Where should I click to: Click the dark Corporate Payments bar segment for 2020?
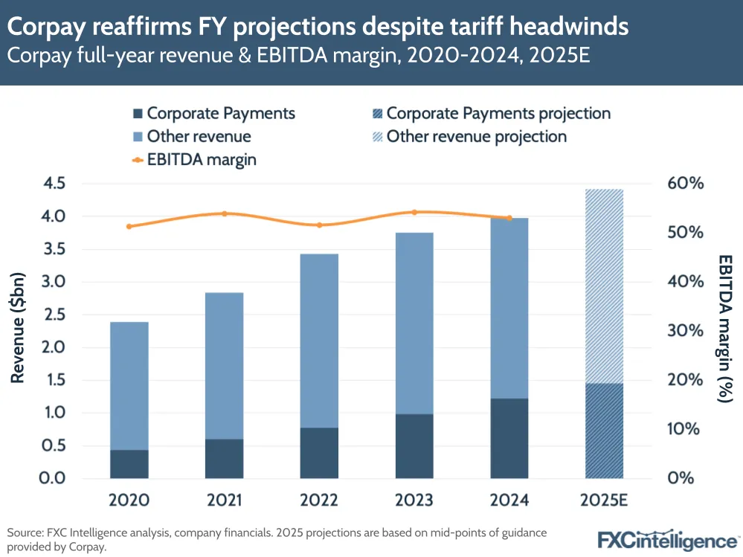[x=129, y=463]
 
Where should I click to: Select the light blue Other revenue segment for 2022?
[x=320, y=341]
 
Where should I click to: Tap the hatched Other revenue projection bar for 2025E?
[x=605, y=286]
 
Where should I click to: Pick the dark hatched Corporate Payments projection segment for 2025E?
[x=605, y=431]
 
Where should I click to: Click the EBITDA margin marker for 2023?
[x=415, y=212]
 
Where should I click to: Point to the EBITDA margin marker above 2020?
[x=129, y=226]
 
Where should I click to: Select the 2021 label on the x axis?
[x=225, y=500]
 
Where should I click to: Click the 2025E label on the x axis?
[x=605, y=500]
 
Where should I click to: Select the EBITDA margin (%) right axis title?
[x=725, y=329]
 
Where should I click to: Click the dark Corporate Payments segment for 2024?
[x=509, y=438]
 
